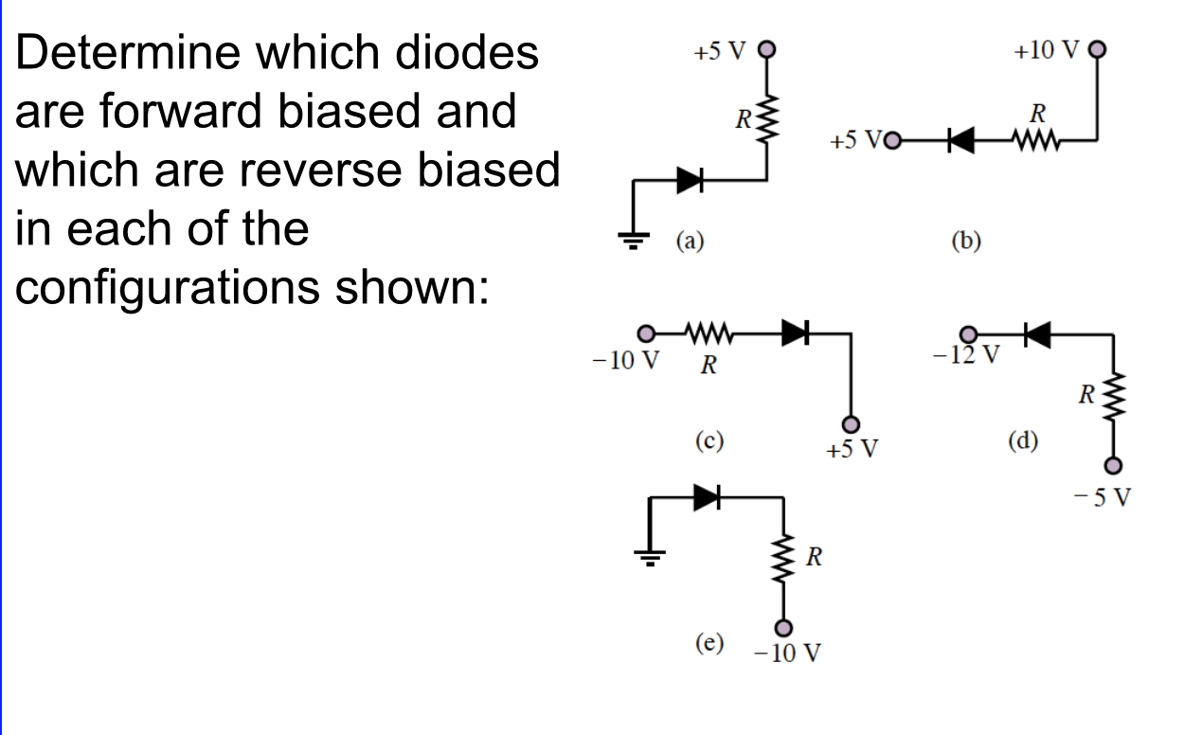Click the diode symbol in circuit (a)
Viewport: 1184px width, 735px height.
point(689,179)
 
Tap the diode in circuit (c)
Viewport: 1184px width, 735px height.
point(794,332)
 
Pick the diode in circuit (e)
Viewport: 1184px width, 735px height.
point(707,497)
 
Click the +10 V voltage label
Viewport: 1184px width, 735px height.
point(1045,50)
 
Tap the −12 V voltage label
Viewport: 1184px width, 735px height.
point(966,356)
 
